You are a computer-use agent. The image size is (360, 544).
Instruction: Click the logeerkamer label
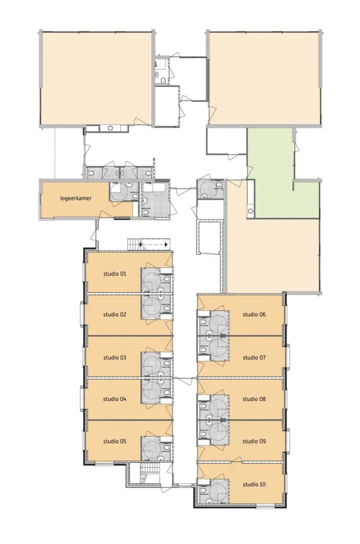76,199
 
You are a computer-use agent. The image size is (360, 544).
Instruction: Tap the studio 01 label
115,274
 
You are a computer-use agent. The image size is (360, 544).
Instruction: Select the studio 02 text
115,315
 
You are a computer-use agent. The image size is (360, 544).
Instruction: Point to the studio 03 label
115,358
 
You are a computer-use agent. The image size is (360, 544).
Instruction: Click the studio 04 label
115,399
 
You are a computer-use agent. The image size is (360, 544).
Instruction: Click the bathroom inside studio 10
213,491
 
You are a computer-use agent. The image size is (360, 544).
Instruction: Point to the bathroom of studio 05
156,448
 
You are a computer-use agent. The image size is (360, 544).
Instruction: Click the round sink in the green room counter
250,211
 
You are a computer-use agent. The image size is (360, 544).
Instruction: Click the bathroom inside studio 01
156,280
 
